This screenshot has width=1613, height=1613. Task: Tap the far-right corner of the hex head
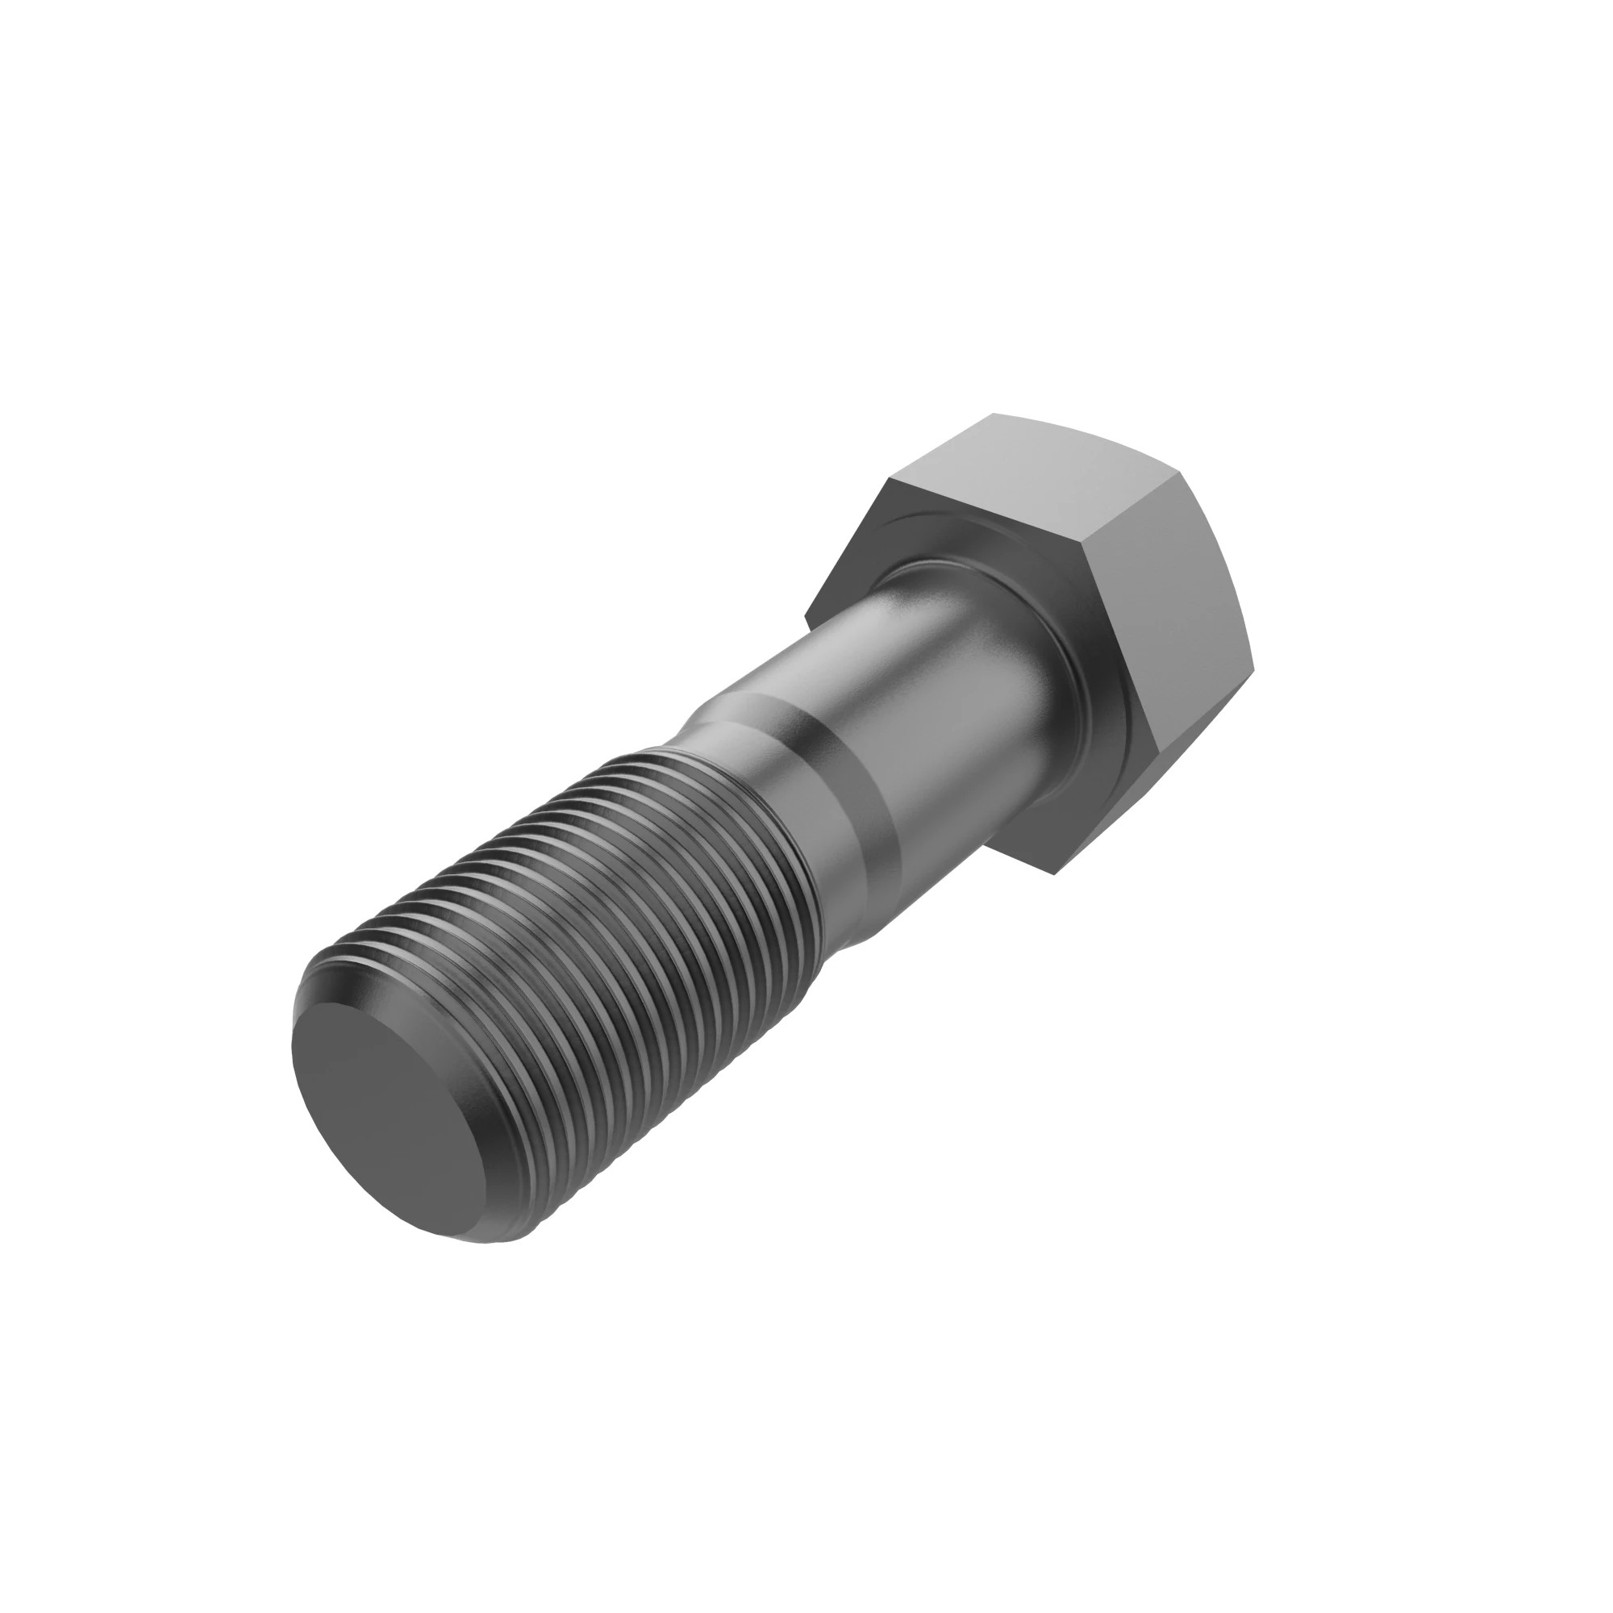pos(1255,668)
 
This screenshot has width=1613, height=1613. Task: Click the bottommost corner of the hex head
pos(1053,874)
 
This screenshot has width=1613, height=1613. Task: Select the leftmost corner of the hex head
pos(806,618)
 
